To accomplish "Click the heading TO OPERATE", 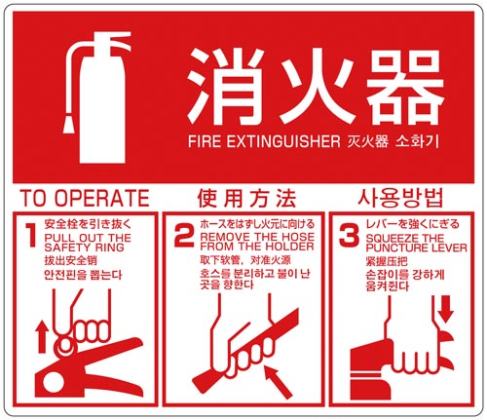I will [84, 195].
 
